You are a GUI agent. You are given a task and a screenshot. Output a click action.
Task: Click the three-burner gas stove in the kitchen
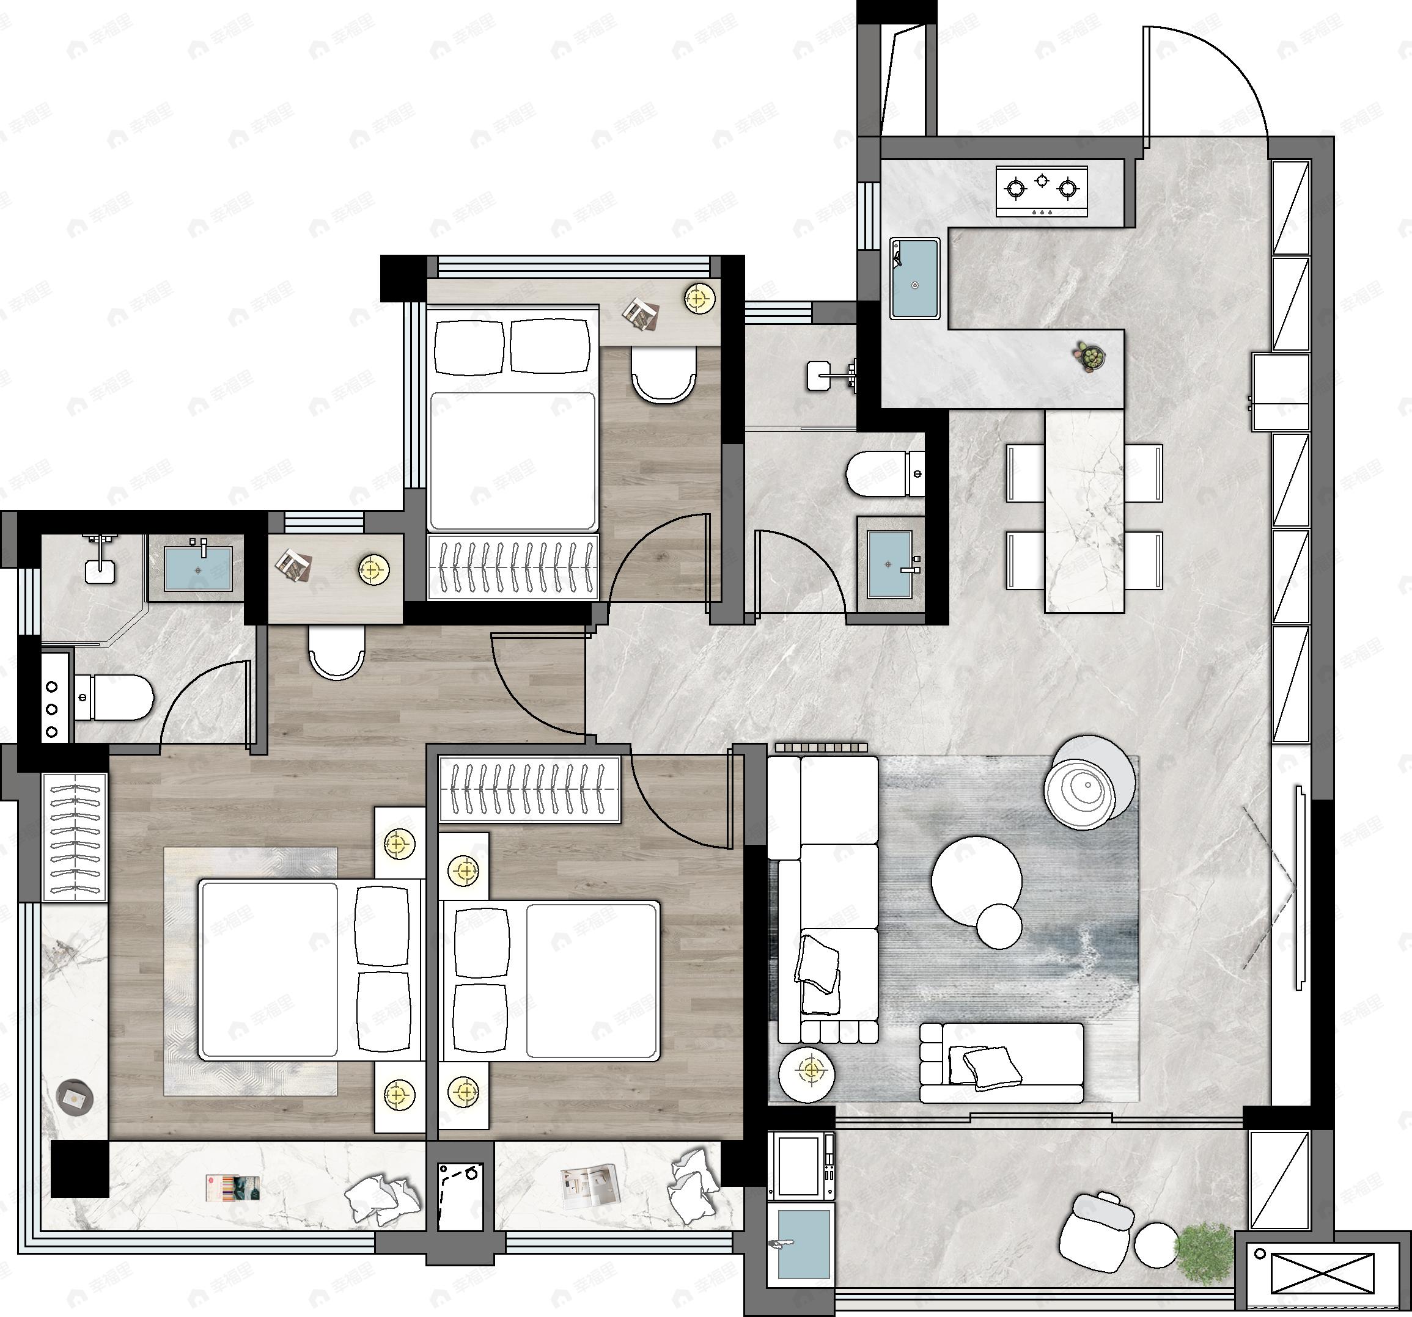[x=1041, y=190]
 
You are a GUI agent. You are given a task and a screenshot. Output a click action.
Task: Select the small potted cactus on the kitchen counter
[x=1089, y=356]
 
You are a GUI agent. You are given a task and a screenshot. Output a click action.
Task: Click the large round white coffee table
[x=976, y=880]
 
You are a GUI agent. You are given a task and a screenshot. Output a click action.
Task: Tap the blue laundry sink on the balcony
[x=803, y=1244]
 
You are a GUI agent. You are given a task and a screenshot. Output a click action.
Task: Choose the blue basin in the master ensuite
[x=198, y=569]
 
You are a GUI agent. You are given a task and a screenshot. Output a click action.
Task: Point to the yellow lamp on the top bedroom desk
[x=700, y=299]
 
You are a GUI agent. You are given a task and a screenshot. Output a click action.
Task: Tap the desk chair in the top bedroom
[x=663, y=376]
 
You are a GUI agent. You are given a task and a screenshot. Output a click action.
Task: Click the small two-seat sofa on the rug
[x=1001, y=1062]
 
